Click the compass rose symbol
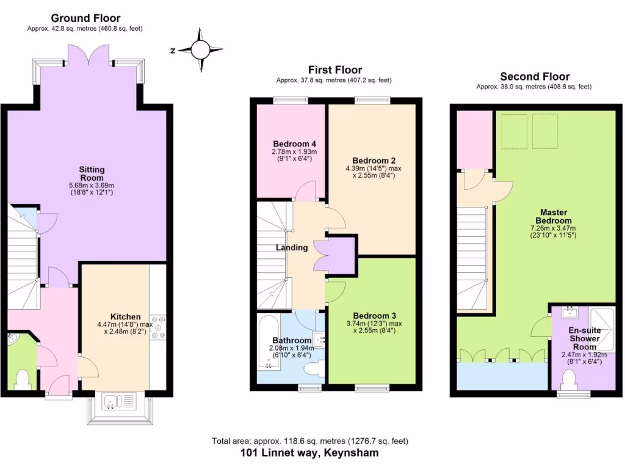point(200,49)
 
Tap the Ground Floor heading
point(85,18)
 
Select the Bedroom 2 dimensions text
point(372,172)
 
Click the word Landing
point(292,247)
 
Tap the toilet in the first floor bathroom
point(314,369)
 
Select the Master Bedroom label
point(553,216)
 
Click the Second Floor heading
point(535,76)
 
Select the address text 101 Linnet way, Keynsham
point(309,453)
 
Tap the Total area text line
point(309,441)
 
